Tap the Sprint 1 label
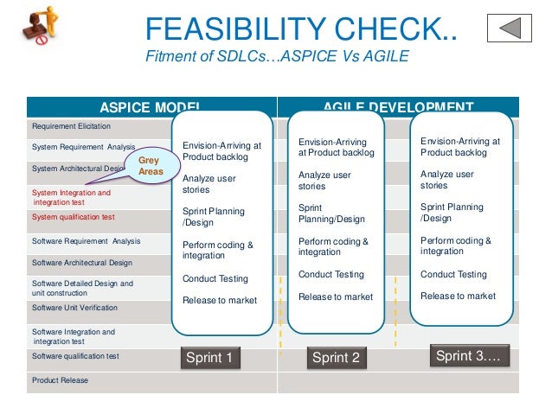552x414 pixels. [209, 358]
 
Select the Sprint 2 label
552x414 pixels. [336, 358]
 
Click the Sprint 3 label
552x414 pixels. [467, 356]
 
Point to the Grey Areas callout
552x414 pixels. [151, 165]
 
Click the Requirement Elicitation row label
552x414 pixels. [66, 126]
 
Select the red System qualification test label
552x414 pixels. [74, 217]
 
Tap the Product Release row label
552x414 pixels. [60, 379]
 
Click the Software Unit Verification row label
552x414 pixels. [74, 307]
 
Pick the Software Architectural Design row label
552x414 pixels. [82, 262]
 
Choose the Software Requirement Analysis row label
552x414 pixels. [85, 241]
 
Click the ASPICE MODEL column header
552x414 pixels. [151, 107]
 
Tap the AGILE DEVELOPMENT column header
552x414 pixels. [398, 107]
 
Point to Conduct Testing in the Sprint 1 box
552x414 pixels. [215, 278]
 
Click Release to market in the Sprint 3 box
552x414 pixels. [458, 296]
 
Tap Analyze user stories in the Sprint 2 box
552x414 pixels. [324, 180]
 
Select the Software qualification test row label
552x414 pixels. [75, 355]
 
